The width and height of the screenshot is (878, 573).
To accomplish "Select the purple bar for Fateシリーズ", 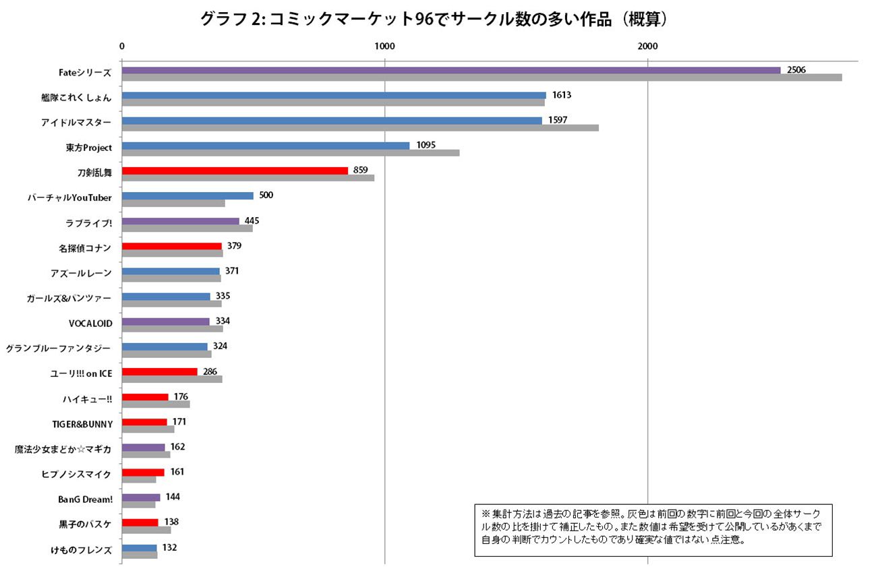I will coord(450,70).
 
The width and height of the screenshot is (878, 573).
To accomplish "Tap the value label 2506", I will coord(796,70).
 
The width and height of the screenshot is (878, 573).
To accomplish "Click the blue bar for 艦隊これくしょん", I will coord(334,96).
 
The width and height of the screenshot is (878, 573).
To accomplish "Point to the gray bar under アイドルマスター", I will coord(360,128).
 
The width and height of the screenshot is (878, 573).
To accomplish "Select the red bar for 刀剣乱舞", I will coord(235,171).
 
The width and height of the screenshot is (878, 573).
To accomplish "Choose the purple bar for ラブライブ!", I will coord(180,221).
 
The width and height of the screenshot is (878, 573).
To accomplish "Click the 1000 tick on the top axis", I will coord(384,46).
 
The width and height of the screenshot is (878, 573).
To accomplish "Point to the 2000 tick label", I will coord(647,46).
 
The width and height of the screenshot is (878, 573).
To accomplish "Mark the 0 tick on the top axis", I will coord(122,46).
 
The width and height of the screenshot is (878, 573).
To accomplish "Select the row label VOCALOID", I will coord(90,323).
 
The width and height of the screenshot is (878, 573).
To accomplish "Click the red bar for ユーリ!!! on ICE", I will coord(160,371).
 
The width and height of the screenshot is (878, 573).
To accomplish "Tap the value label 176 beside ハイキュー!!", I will coord(181,396).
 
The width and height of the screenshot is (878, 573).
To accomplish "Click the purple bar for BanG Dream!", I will coord(141,497).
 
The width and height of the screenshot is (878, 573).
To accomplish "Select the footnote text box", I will coord(653,530).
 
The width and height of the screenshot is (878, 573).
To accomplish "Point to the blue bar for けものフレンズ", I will coord(140,548).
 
